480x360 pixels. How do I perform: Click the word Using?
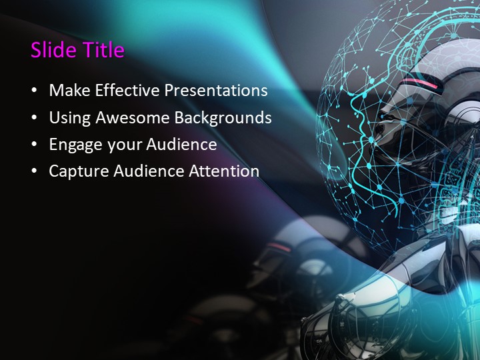70,118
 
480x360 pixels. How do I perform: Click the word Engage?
73,145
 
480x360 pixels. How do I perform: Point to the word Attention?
224,171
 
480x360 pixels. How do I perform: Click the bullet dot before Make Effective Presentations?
35,91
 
